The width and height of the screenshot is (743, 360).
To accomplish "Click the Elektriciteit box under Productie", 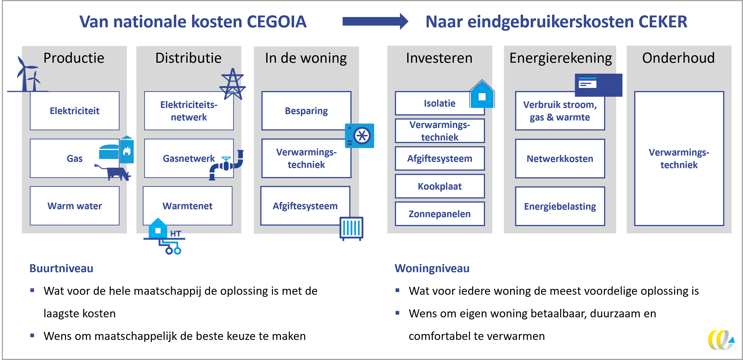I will (x=74, y=111).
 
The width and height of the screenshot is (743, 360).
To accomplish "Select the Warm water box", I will (x=74, y=206).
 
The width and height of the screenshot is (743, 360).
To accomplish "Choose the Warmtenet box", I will (x=188, y=206).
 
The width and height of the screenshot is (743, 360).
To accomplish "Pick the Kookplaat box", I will (x=440, y=186).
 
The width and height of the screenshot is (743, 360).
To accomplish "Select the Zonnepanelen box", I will (x=440, y=214).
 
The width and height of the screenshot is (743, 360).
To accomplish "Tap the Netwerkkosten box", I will (x=560, y=159).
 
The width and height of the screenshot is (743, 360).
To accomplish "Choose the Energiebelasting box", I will (x=560, y=206).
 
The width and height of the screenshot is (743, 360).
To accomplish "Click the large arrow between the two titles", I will (x=375, y=21).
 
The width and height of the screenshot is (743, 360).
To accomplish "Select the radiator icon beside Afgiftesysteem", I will (x=351, y=228).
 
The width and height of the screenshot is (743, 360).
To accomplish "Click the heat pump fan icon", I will (x=360, y=136).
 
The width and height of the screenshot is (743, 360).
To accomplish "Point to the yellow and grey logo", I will (x=721, y=340).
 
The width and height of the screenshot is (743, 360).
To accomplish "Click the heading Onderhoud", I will (x=678, y=58).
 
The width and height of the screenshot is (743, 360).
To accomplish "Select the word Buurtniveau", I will (x=61, y=268).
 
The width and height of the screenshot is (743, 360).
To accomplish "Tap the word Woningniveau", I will (x=432, y=268).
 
